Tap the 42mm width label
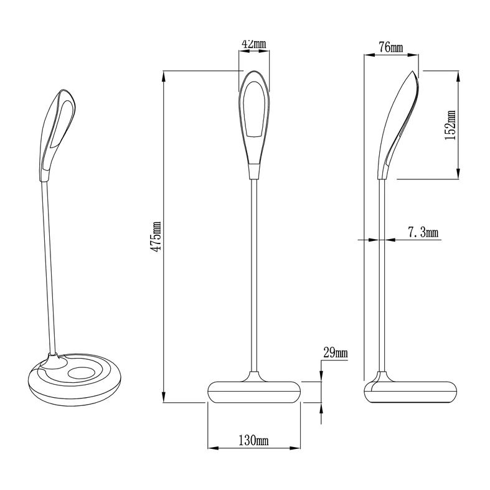[x=253, y=44]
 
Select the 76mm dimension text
[x=390, y=48]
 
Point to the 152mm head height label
[x=451, y=125]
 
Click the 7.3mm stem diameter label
[x=423, y=233]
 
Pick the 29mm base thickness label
[x=335, y=354]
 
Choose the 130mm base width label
[x=253, y=441]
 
